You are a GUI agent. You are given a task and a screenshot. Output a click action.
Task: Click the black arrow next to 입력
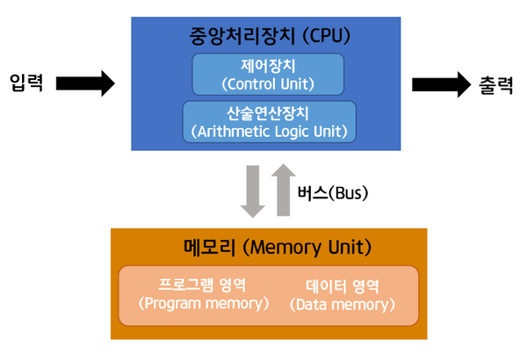click(85, 83)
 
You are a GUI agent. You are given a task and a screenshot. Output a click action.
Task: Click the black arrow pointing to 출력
click(441, 83)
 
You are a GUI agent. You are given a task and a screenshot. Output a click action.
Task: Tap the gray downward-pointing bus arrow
click(253, 191)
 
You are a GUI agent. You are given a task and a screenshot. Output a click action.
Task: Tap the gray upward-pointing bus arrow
click(282, 189)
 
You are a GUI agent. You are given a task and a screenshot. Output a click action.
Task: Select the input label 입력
click(27, 83)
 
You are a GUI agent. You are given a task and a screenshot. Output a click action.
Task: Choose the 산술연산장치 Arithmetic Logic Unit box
click(269, 122)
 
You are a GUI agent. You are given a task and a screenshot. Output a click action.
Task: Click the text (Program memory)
click(203, 304)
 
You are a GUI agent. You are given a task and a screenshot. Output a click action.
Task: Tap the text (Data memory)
click(342, 305)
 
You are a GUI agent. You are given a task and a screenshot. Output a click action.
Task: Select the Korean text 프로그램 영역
click(203, 285)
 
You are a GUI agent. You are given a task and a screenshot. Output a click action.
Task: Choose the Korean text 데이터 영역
click(342, 285)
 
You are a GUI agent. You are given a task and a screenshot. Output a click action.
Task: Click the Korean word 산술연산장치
click(269, 113)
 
